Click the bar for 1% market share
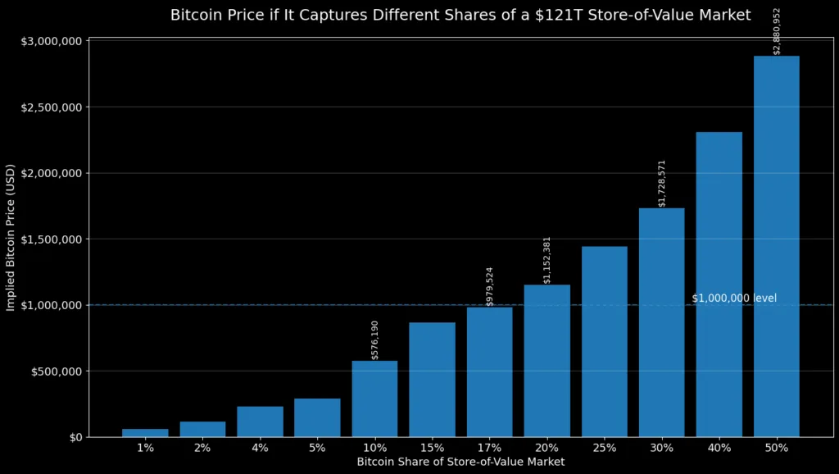[x=145, y=432]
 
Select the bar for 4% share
[x=260, y=422]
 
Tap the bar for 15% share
[x=432, y=379]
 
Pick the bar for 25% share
[x=604, y=341]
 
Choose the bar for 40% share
[x=719, y=284]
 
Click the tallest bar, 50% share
[x=776, y=246]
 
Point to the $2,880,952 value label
[x=777, y=31]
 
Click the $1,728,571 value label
[x=662, y=183]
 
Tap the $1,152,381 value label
[x=547, y=260]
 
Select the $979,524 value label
[x=490, y=286]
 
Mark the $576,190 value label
[x=375, y=340]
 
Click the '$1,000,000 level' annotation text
[x=734, y=299]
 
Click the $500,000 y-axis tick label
[x=55, y=371]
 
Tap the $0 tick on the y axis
[x=75, y=437]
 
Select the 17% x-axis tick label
[x=489, y=449]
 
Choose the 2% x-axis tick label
[x=202, y=449]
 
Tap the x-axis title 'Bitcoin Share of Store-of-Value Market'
[x=460, y=463]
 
